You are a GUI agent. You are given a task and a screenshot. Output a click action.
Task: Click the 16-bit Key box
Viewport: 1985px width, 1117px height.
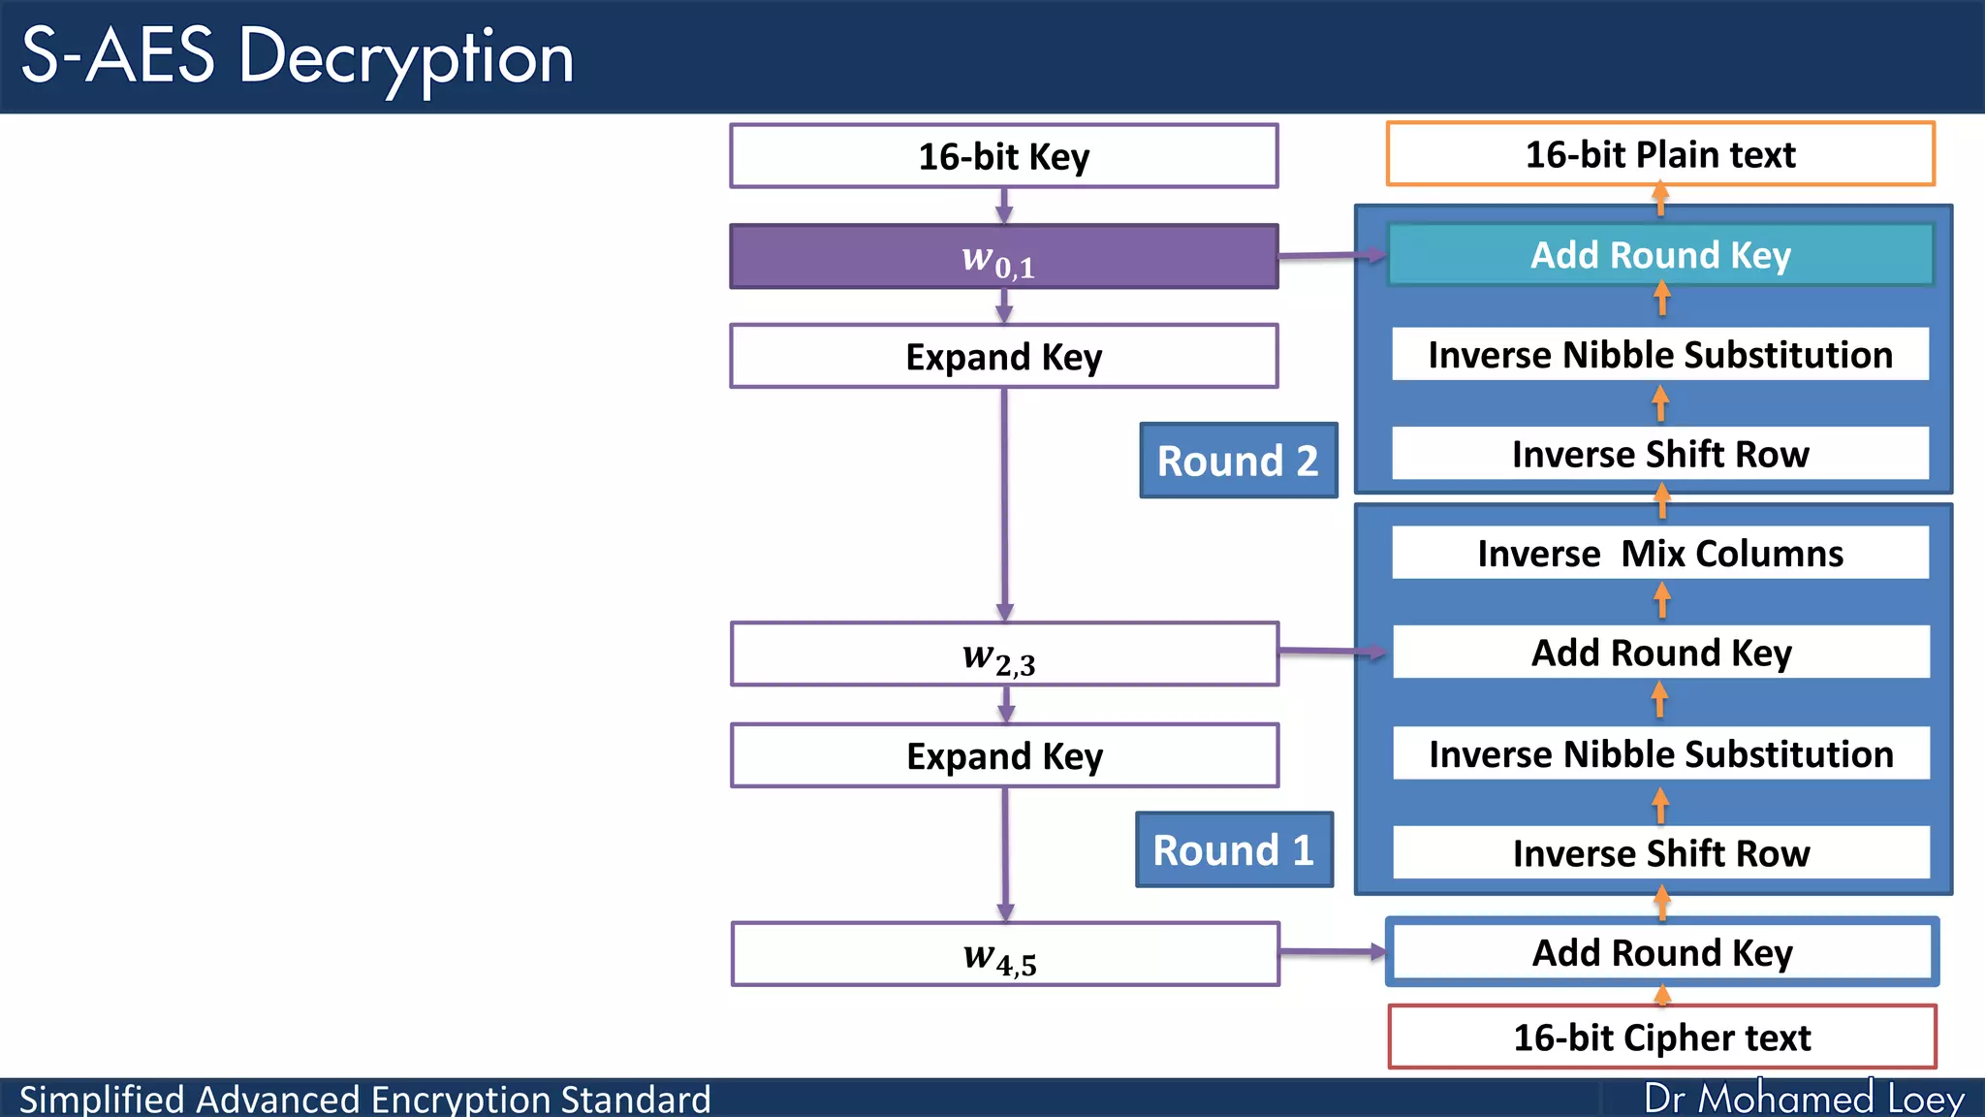click(x=1004, y=156)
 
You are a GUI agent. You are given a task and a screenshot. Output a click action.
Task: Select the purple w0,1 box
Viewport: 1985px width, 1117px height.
click(x=1004, y=257)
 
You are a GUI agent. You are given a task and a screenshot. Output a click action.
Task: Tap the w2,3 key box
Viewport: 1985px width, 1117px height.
click(x=1004, y=654)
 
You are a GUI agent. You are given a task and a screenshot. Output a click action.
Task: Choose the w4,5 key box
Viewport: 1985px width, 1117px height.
click(x=1004, y=954)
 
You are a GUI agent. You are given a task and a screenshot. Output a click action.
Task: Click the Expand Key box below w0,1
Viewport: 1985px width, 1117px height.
click(x=1004, y=357)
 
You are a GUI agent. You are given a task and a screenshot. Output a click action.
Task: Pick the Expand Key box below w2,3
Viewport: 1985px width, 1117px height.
click(x=1004, y=755)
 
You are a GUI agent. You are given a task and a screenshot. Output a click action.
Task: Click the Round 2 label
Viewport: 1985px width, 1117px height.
click(x=1238, y=461)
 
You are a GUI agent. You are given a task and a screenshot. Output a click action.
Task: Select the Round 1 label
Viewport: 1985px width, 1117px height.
click(x=1234, y=850)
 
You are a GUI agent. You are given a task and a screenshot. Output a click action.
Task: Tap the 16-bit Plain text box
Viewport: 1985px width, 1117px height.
click(x=1660, y=154)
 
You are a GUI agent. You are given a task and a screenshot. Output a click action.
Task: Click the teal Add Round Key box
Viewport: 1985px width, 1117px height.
click(x=1660, y=255)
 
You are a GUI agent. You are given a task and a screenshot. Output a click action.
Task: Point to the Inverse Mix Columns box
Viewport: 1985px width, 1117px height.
click(x=1660, y=553)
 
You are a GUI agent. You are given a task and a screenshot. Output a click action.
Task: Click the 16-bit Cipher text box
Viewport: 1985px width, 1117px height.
click(x=1661, y=1037)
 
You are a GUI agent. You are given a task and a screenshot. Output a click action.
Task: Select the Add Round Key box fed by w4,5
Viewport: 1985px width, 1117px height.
click(x=1661, y=952)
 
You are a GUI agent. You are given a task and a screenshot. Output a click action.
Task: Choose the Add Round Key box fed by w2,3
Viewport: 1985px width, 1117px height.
click(x=1660, y=653)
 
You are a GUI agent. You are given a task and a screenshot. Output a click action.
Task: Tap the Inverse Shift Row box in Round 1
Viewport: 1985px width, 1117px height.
click(x=1660, y=853)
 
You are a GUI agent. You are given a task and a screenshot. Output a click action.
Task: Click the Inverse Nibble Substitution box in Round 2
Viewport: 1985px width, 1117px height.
click(x=1660, y=355)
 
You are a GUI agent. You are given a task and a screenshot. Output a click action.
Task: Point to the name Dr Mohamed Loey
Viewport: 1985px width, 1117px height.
click(x=1804, y=1099)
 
